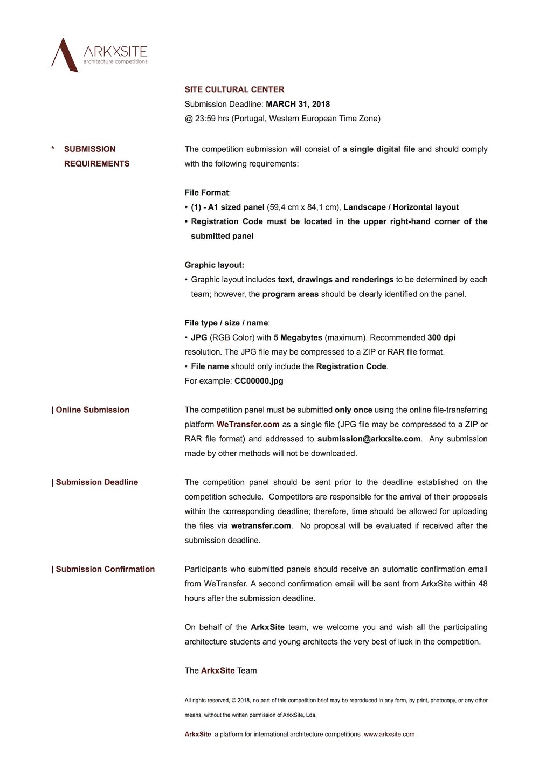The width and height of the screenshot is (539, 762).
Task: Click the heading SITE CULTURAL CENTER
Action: [x=234, y=89]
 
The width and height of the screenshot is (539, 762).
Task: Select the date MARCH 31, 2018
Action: [x=298, y=104]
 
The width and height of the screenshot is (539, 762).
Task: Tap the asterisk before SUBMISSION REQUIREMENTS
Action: [x=53, y=149]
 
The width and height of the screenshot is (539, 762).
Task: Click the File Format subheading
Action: [x=207, y=192]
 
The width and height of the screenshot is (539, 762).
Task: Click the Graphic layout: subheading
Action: [x=214, y=265]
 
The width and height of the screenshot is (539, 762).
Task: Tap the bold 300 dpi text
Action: [x=441, y=337]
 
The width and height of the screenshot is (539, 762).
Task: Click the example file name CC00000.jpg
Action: [x=259, y=381]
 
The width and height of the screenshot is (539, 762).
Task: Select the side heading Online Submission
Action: [x=92, y=410]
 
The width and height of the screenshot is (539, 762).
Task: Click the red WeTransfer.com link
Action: [x=248, y=425]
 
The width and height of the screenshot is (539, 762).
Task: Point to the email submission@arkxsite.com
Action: [x=369, y=439]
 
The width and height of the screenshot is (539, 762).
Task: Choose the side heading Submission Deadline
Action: [x=96, y=482]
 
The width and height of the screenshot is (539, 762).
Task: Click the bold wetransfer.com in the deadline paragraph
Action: [x=261, y=525]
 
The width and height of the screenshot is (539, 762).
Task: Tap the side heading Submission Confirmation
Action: [x=105, y=569]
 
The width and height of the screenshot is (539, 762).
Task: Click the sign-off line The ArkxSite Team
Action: [x=220, y=670]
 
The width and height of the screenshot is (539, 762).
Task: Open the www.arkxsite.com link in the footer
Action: [x=389, y=734]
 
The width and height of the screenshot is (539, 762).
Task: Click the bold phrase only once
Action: [x=354, y=410]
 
